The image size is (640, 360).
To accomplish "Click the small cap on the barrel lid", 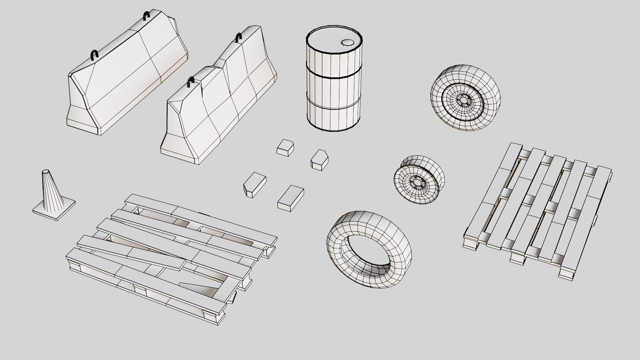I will (x=346, y=43).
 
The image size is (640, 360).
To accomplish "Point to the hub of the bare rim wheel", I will (x=415, y=182).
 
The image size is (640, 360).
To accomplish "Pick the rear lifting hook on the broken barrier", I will (x=239, y=38).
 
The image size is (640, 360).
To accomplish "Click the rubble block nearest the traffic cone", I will (x=255, y=184).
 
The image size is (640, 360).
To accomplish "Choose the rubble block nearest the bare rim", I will (x=319, y=160).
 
